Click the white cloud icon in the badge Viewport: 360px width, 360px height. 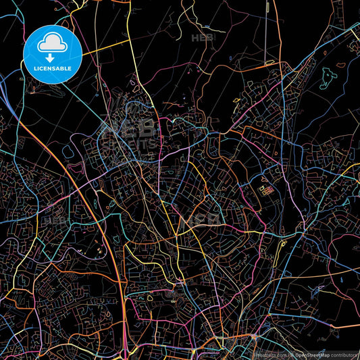pos(52,43)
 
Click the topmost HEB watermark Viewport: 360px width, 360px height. pos(203,38)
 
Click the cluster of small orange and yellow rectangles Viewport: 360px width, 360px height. pos(265,191)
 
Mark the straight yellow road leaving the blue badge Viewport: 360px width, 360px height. pos(108,46)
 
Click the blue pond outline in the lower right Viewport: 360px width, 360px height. pos(315,290)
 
